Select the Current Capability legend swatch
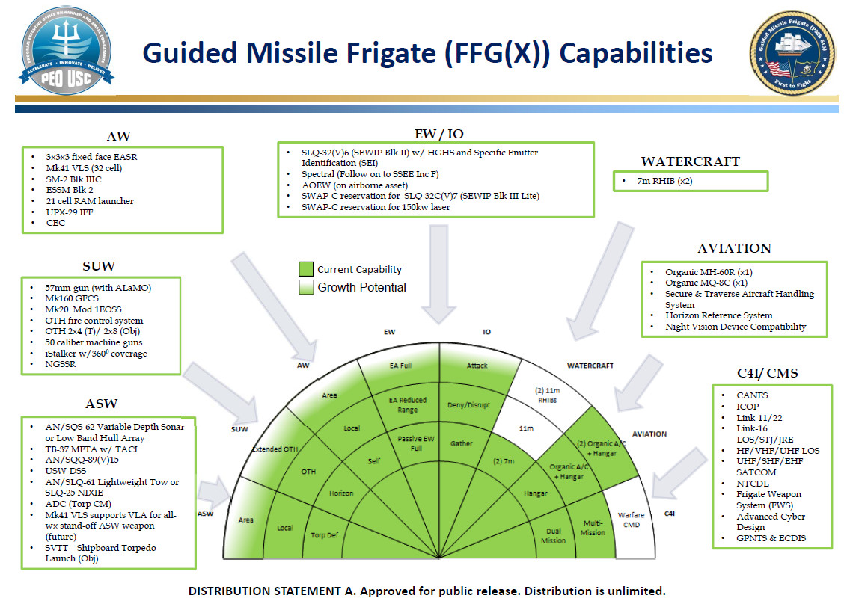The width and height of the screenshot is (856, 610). (x=305, y=270)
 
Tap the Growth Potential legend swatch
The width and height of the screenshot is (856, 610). (x=305, y=287)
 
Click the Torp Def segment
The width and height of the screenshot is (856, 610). (x=325, y=535)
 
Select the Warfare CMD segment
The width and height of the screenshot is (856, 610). (x=630, y=520)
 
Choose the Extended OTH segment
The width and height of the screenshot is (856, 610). (x=276, y=449)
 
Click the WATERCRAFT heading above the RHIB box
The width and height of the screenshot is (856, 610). (x=690, y=161)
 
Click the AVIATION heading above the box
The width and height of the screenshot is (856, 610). (x=733, y=248)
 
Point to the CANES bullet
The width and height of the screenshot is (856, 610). (x=752, y=395)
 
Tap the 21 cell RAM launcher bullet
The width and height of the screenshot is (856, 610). (x=90, y=201)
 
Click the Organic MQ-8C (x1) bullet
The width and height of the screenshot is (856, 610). (x=707, y=283)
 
